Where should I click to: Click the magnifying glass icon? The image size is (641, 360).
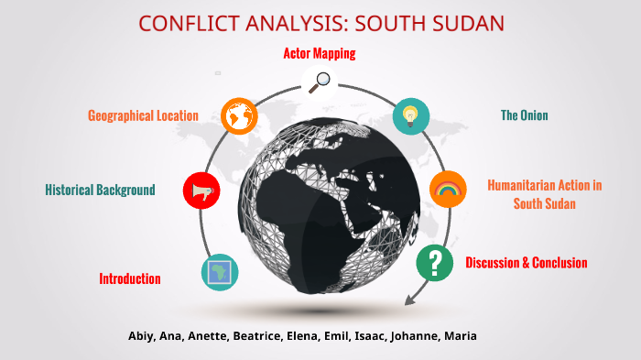pos(320,81)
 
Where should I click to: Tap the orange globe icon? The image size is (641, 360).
pos(239,115)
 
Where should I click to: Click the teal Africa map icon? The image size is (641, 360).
pos(220,272)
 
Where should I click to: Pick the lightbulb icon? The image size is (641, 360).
pos(410,115)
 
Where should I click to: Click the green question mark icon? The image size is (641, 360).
pos(435,263)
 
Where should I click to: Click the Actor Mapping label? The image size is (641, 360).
pos(319,53)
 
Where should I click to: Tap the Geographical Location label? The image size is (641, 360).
pos(143,115)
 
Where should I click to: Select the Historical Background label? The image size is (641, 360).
pos(100,190)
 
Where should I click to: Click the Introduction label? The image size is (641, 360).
pos(130,278)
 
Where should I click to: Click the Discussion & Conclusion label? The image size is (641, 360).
pos(527,263)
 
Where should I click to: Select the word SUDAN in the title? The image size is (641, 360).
pos(464,23)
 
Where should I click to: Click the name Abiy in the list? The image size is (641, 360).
pos(142,336)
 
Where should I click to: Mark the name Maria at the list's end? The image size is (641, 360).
pos(460,336)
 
